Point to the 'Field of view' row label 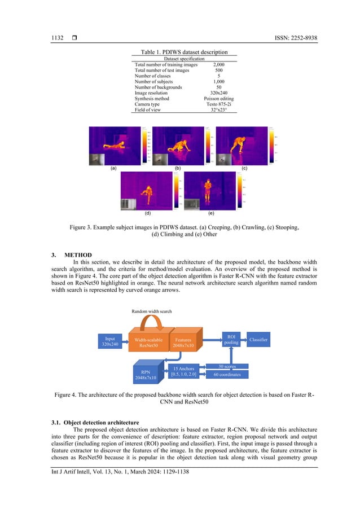click(148, 110)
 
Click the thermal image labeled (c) click(243, 146)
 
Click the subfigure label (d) click(147, 214)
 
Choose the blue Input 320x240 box click(107, 341)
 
